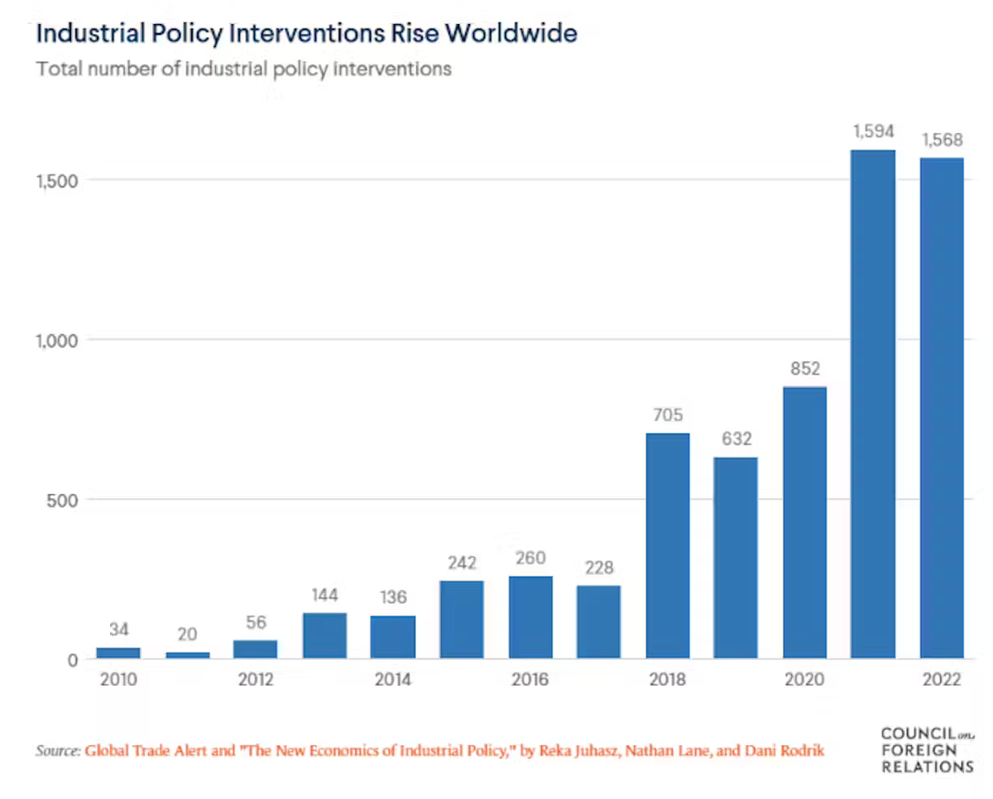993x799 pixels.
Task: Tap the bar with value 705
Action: (668, 546)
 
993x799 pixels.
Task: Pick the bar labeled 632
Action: (736, 557)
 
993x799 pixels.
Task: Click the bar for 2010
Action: (118, 653)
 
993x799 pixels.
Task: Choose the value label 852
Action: (804, 368)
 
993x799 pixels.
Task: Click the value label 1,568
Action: (942, 139)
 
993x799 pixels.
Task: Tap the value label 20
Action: (187, 634)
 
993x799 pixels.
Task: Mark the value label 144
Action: (324, 595)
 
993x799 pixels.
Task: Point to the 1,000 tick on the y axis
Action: (55, 339)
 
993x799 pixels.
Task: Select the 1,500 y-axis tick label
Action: (55, 179)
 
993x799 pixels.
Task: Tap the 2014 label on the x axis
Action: (393, 680)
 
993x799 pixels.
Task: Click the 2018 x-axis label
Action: (668, 680)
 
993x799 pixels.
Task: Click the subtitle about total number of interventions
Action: (243, 68)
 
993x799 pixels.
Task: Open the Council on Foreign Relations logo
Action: (927, 749)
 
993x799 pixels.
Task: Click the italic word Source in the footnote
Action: (56, 751)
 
